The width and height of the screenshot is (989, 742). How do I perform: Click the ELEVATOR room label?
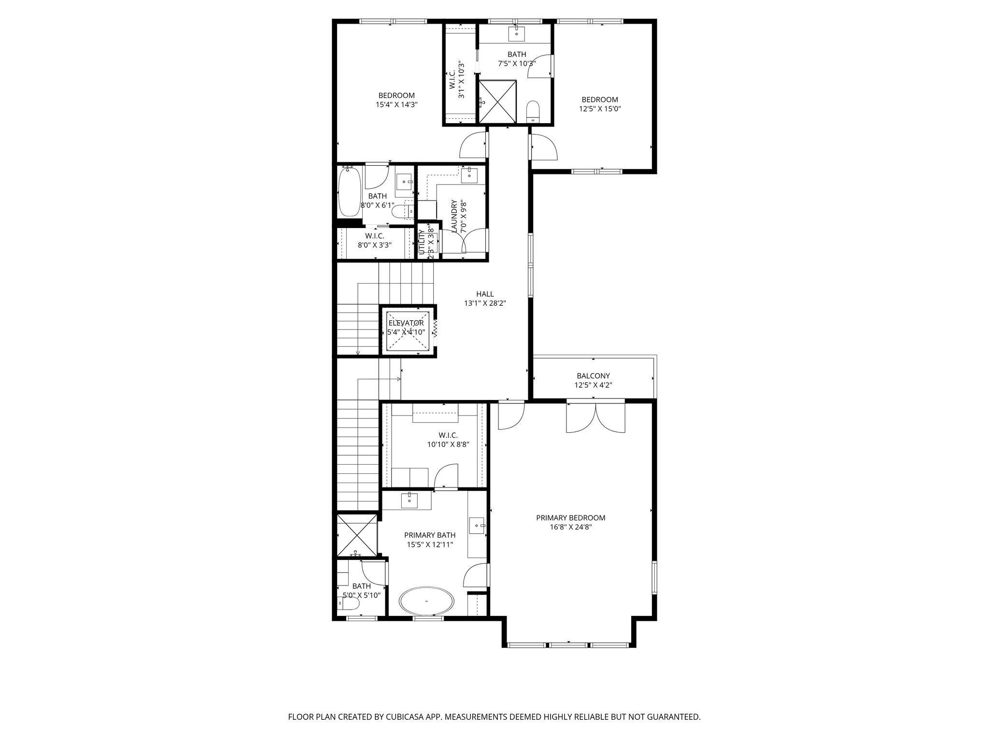(x=406, y=323)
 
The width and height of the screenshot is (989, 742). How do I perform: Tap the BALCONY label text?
(x=593, y=376)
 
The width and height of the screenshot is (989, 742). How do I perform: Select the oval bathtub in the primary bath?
(x=426, y=601)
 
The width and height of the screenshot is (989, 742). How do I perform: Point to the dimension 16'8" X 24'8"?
(x=570, y=528)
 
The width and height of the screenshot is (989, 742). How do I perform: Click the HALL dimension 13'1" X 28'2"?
(x=485, y=303)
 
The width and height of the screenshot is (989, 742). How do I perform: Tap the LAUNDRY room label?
(x=453, y=216)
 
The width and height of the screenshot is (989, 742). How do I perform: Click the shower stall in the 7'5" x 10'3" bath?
(x=497, y=102)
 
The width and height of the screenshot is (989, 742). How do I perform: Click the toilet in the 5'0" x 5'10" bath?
(x=349, y=603)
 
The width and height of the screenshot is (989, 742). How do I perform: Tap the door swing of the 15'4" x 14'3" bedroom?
(x=473, y=145)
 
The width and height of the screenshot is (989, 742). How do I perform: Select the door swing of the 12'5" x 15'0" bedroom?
(x=544, y=147)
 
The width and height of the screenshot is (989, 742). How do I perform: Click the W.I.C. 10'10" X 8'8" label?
(x=448, y=440)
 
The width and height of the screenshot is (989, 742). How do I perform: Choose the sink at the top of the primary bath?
(x=410, y=500)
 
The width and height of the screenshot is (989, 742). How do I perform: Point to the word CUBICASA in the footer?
(x=395, y=717)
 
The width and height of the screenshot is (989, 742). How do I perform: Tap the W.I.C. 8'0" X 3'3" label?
(x=374, y=240)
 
